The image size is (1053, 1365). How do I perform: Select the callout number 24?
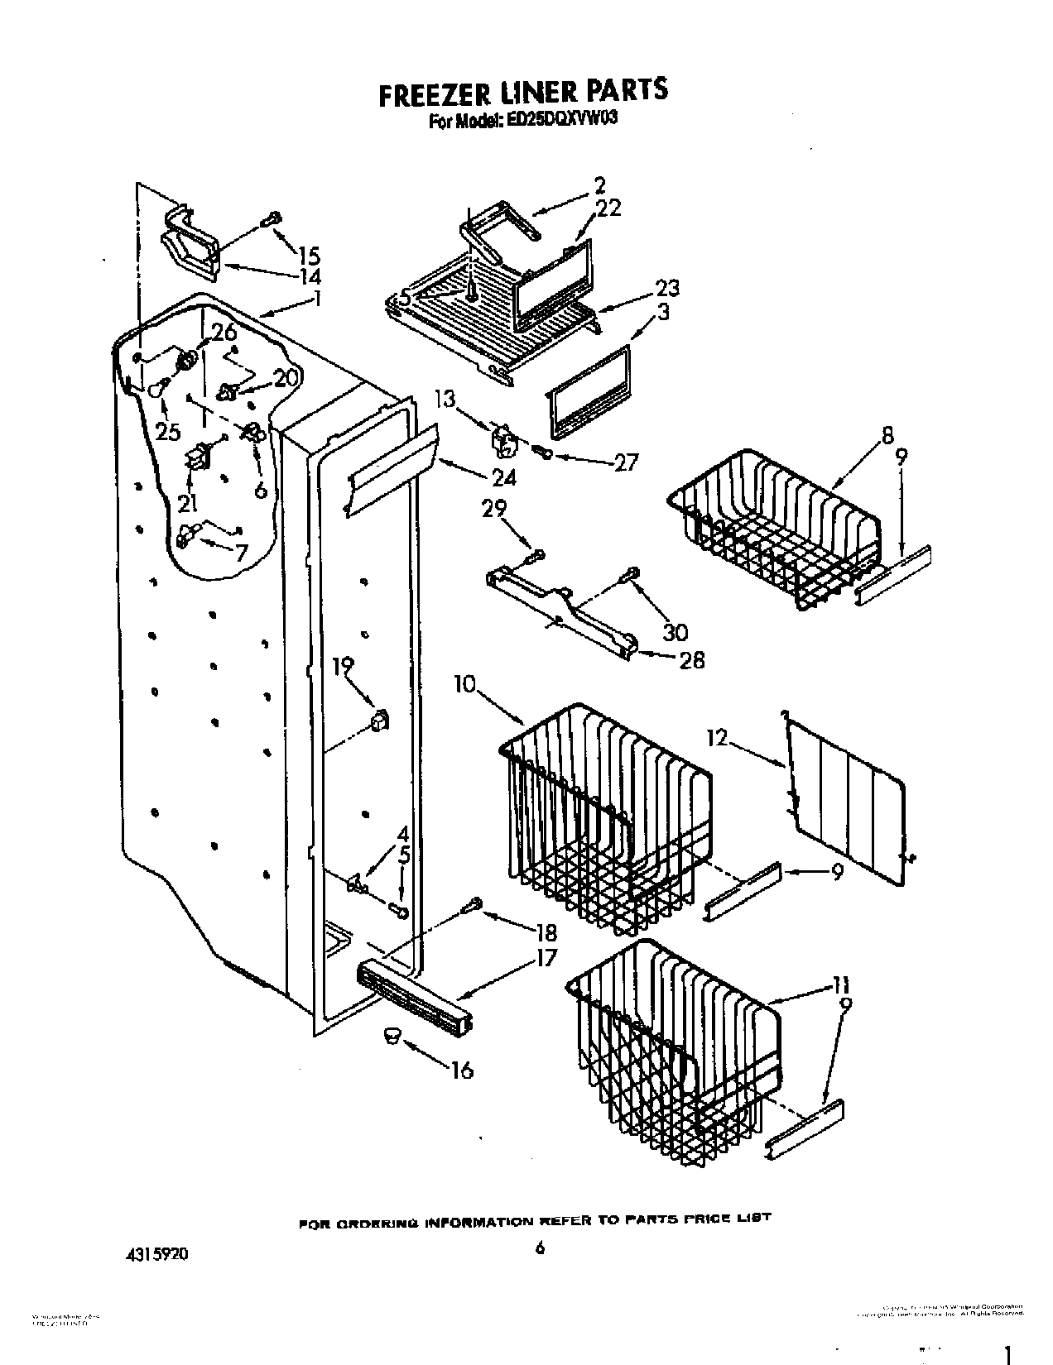tap(503, 477)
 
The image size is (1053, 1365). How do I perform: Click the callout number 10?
tap(466, 684)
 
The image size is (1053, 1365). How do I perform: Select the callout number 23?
tap(667, 288)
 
